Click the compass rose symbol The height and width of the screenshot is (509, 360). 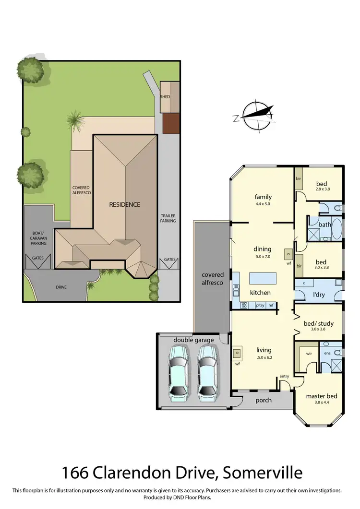pyautogui.click(x=256, y=115)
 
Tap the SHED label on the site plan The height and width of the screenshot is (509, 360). pyautogui.click(x=165, y=96)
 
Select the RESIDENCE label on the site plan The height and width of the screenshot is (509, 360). pyautogui.click(x=124, y=204)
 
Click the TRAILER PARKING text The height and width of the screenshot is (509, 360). pyautogui.click(x=168, y=218)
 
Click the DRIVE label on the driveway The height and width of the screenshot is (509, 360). pyautogui.click(x=60, y=287)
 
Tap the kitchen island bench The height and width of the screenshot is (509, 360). pyautogui.click(x=263, y=279)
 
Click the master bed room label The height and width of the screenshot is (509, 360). pyautogui.click(x=322, y=396)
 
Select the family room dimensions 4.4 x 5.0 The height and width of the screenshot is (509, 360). pyautogui.click(x=263, y=204)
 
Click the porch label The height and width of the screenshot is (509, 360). pyautogui.click(x=263, y=400)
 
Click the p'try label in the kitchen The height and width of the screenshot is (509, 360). pyautogui.click(x=260, y=305)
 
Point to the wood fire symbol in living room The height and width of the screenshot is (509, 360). pyautogui.click(x=237, y=354)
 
